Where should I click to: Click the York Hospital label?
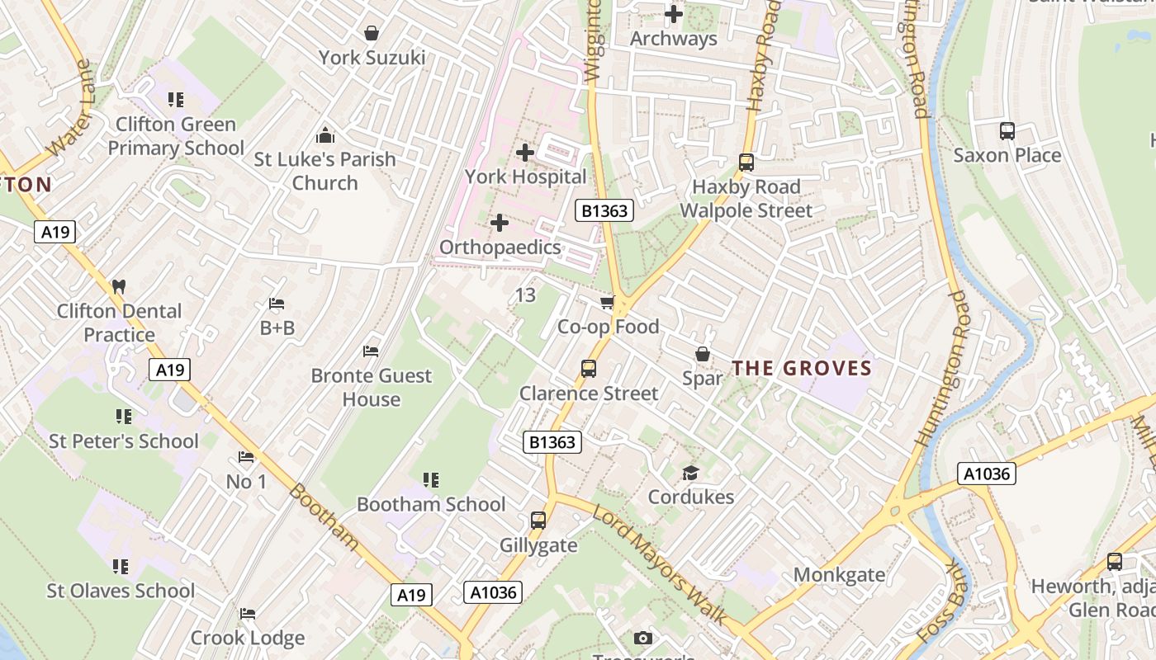(x=525, y=177)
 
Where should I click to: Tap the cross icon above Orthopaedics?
(x=500, y=223)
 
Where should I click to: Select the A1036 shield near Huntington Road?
(x=987, y=474)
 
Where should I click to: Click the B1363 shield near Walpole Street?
(x=604, y=211)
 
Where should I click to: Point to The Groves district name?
(x=802, y=368)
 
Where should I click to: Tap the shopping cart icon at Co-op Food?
(x=608, y=303)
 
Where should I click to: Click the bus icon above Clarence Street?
(x=589, y=369)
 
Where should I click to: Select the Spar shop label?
(x=703, y=378)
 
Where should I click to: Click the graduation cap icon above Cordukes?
(x=690, y=473)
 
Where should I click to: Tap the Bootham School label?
(x=431, y=504)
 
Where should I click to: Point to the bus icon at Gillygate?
(x=538, y=521)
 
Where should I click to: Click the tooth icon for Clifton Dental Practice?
(x=118, y=287)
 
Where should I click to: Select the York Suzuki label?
(x=372, y=58)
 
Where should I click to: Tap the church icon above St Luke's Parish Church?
(x=325, y=134)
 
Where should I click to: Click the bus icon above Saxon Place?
(x=1007, y=130)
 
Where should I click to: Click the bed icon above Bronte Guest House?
(x=371, y=351)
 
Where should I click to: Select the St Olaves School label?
(x=121, y=591)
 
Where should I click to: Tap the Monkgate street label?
(x=839, y=574)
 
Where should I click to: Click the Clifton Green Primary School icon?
(x=175, y=100)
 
